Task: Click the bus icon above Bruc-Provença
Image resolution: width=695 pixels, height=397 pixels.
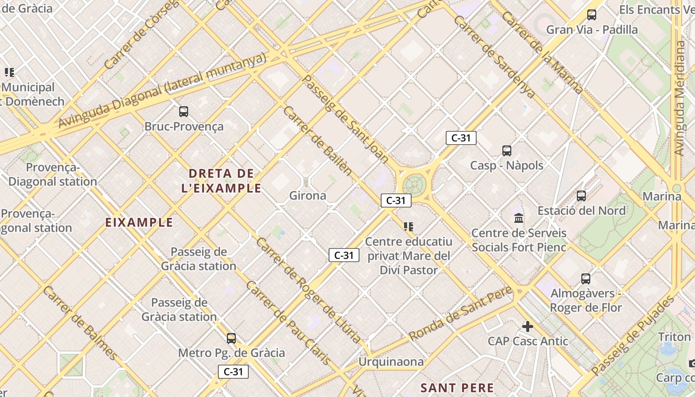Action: (x=184, y=112)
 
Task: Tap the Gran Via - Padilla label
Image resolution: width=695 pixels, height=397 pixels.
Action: (x=592, y=30)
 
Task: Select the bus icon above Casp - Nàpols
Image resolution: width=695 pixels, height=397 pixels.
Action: (x=506, y=151)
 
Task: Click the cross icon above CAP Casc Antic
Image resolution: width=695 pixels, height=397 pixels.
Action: (x=527, y=327)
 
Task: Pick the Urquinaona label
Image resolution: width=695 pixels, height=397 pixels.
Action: (x=391, y=362)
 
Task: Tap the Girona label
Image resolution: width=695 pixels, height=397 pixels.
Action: (x=308, y=196)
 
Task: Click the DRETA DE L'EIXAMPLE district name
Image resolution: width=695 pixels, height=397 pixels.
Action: (x=225, y=181)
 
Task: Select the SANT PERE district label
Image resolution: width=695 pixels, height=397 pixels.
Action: (x=457, y=388)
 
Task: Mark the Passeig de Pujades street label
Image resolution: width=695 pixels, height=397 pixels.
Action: (x=633, y=335)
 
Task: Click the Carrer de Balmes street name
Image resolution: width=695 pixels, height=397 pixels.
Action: (x=79, y=323)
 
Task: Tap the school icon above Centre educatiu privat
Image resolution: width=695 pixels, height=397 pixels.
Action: (x=409, y=227)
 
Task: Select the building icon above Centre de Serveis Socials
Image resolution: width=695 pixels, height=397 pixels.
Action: (x=519, y=218)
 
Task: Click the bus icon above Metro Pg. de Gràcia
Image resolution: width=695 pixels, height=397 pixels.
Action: (x=231, y=338)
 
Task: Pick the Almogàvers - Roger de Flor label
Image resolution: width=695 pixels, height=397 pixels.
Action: (x=586, y=300)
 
